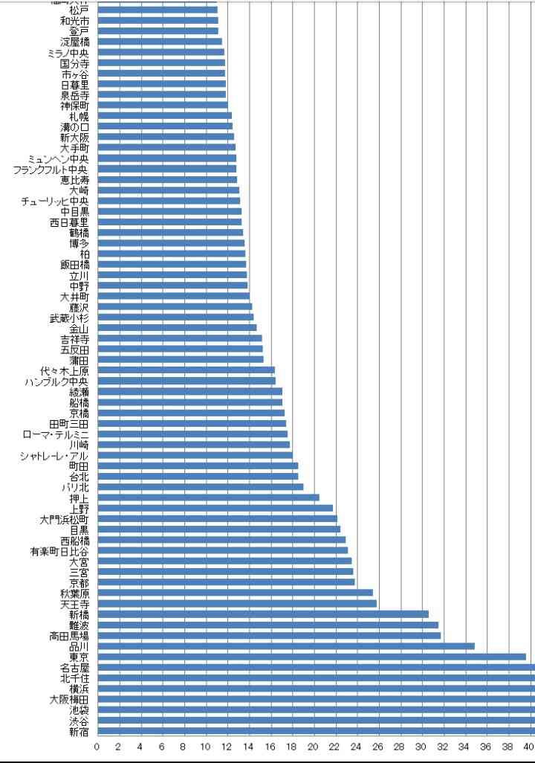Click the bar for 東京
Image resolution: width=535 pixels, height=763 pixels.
(311, 657)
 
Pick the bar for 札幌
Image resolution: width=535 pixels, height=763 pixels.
(164, 116)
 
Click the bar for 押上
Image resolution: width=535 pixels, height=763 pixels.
(208, 498)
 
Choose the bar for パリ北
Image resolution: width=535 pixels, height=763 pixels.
(200, 487)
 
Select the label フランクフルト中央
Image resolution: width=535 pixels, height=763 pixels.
(51, 169)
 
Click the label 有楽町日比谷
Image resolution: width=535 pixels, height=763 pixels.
(59, 551)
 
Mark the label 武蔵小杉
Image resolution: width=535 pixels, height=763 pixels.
(69, 318)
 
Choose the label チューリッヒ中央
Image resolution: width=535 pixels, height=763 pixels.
(56, 201)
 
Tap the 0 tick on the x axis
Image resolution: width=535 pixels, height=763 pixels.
(97, 747)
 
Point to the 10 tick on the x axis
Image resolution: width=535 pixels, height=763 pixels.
(205, 747)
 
